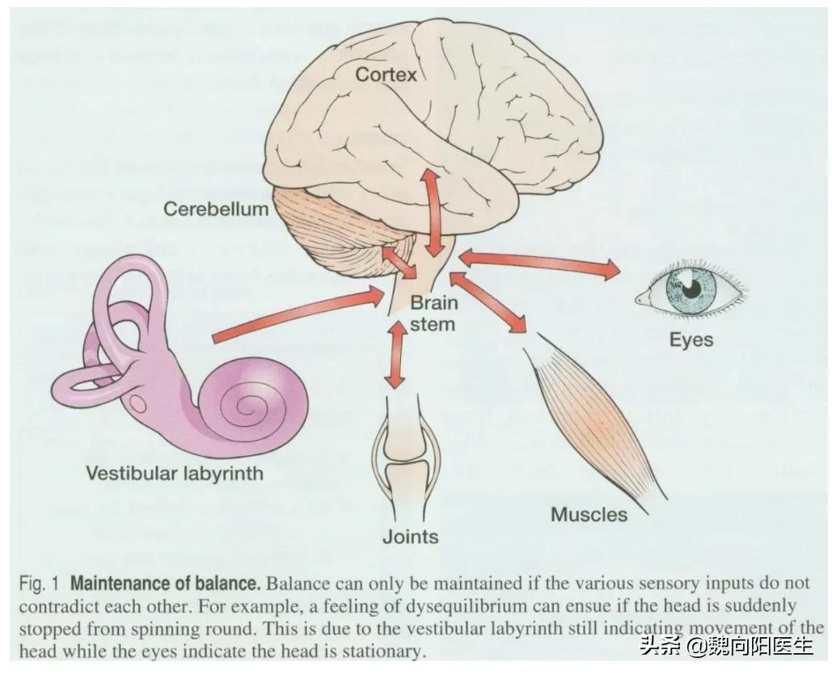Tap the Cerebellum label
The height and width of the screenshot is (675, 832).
[x=215, y=209]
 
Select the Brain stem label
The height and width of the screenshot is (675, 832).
[x=433, y=314]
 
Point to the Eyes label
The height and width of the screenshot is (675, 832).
[x=691, y=339]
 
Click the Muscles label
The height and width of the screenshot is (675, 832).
[x=589, y=514]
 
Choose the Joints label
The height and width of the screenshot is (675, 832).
[x=411, y=536]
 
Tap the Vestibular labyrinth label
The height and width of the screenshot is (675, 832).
[x=175, y=472]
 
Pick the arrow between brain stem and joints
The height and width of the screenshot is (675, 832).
[x=395, y=355]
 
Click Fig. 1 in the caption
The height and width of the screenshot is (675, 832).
[x=40, y=583]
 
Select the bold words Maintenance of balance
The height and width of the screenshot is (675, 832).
[x=165, y=583]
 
